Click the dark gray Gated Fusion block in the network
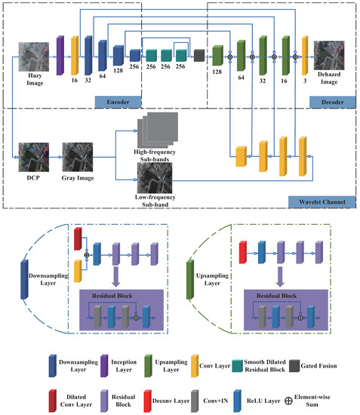199,54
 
